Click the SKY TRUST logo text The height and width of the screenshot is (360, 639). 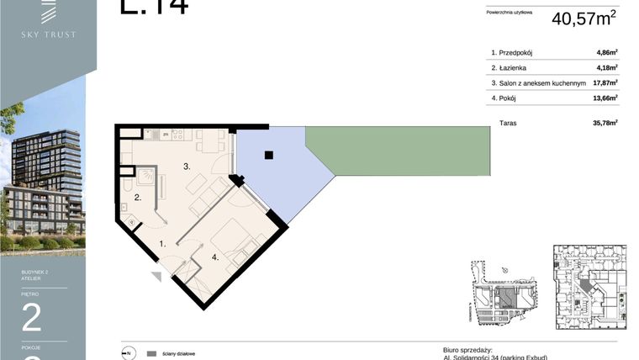(x=49, y=34)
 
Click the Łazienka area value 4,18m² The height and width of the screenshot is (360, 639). (x=606, y=68)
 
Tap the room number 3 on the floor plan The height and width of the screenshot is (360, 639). (x=187, y=167)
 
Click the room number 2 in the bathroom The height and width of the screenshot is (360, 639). (x=136, y=199)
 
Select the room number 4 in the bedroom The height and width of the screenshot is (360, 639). (x=215, y=257)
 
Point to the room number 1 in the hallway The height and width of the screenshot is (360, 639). (x=163, y=244)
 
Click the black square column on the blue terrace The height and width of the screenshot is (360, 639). (x=268, y=155)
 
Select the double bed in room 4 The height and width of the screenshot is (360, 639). (x=237, y=240)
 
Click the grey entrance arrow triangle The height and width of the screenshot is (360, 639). (x=156, y=276)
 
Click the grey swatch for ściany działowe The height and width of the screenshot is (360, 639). (x=151, y=354)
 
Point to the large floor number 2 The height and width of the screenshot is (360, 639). (x=31, y=319)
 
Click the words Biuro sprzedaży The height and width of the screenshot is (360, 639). (x=467, y=348)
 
